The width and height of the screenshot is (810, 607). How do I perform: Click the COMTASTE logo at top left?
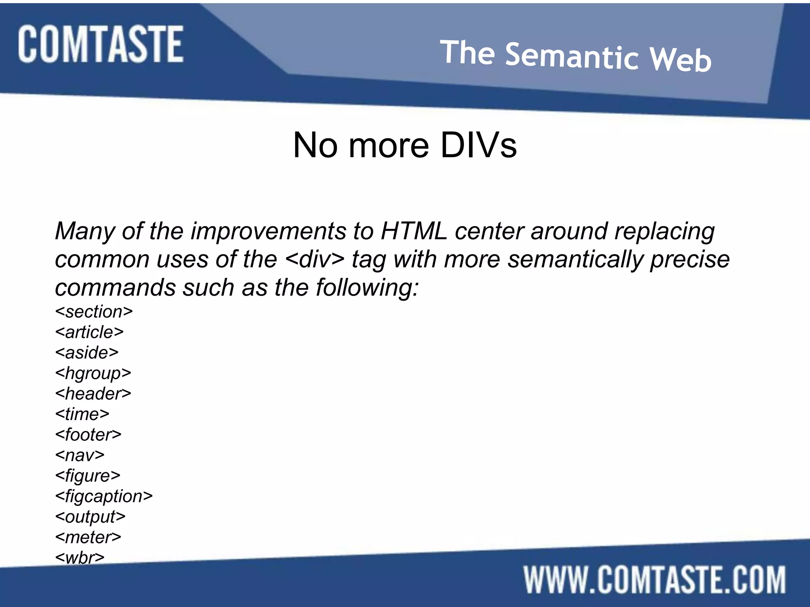pos(100,44)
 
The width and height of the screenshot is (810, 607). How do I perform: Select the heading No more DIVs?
pos(405,145)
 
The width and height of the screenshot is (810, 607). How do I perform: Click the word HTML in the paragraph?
pos(414,231)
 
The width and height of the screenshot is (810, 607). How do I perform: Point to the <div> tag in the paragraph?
pos(314,259)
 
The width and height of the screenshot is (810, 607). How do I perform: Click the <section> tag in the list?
pos(94,312)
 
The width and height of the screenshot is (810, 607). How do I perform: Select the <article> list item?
pos(89,332)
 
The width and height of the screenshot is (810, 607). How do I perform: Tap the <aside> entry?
pos(87,353)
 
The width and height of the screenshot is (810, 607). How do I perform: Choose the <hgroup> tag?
pos(93,373)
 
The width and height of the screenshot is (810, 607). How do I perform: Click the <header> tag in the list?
pos(93,394)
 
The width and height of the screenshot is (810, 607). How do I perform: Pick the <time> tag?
pos(82,414)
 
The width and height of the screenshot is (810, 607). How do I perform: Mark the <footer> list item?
pos(88,435)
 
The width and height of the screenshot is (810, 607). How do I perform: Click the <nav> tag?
pos(80,455)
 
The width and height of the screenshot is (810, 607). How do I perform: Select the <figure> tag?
pos(87,476)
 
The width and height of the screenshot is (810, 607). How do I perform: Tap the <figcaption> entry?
pos(104,496)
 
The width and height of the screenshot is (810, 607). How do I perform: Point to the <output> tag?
pos(90,517)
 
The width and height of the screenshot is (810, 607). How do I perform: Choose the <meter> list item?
pos(88,537)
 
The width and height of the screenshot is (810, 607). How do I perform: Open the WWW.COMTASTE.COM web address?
pos(655,579)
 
